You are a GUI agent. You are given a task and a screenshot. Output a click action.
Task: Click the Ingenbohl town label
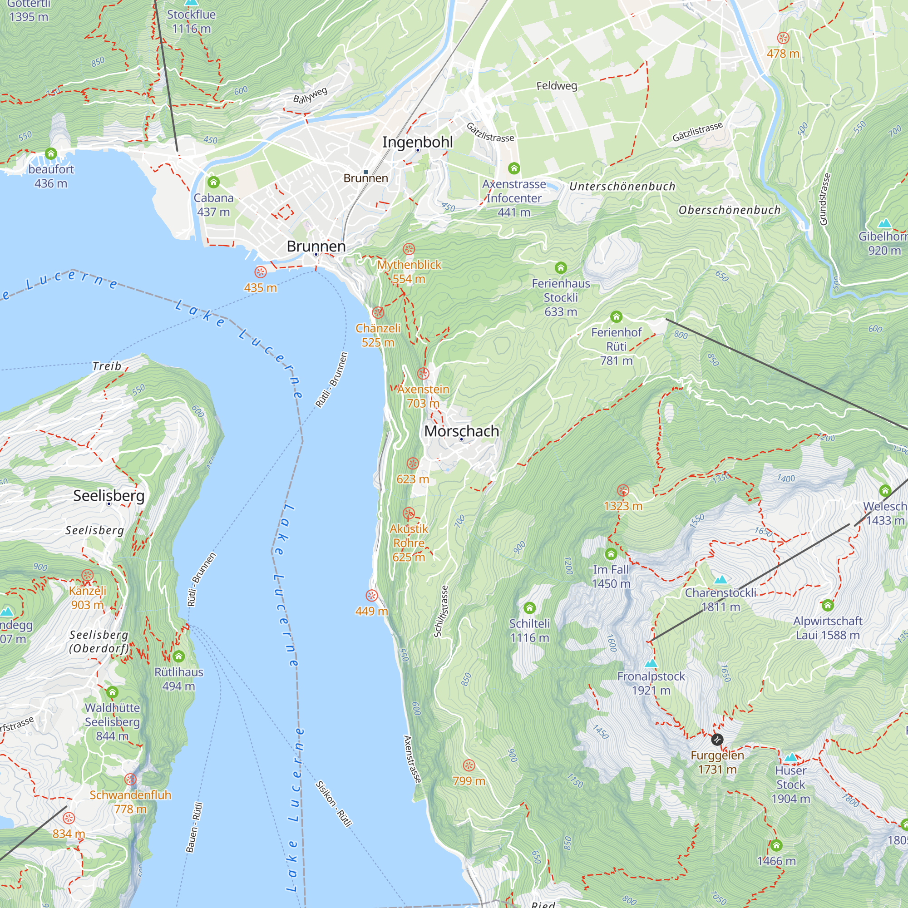click(417, 142)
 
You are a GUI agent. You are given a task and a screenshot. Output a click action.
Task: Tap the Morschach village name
click(461, 431)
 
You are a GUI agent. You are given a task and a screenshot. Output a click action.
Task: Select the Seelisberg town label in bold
click(109, 495)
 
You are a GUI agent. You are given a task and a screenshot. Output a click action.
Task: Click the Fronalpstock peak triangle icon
click(651, 664)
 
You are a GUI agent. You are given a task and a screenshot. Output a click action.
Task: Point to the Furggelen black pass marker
click(716, 740)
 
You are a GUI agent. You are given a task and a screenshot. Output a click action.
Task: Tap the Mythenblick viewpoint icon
click(409, 249)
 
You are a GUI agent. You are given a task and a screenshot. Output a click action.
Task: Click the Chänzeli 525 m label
click(378, 335)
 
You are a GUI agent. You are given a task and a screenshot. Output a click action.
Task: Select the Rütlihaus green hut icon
click(178, 656)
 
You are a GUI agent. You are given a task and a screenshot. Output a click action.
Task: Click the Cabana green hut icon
click(213, 182)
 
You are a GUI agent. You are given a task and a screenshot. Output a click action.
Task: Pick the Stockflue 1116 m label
click(191, 21)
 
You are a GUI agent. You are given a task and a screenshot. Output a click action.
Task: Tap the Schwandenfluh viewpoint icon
click(130, 779)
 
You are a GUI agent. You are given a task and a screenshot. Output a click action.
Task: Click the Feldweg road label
click(557, 85)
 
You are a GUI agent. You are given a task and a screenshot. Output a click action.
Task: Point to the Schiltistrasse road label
click(441, 611)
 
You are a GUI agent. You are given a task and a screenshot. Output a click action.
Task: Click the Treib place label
click(107, 365)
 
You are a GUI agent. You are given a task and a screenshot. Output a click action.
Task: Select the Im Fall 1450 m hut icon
click(611, 553)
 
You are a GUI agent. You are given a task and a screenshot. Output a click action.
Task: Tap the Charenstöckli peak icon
click(720, 579)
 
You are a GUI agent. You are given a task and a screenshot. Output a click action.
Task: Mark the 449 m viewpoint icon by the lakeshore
click(371, 596)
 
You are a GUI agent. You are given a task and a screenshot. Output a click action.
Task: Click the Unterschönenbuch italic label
click(622, 187)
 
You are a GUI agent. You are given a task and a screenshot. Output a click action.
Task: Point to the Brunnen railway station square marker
click(365, 172)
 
